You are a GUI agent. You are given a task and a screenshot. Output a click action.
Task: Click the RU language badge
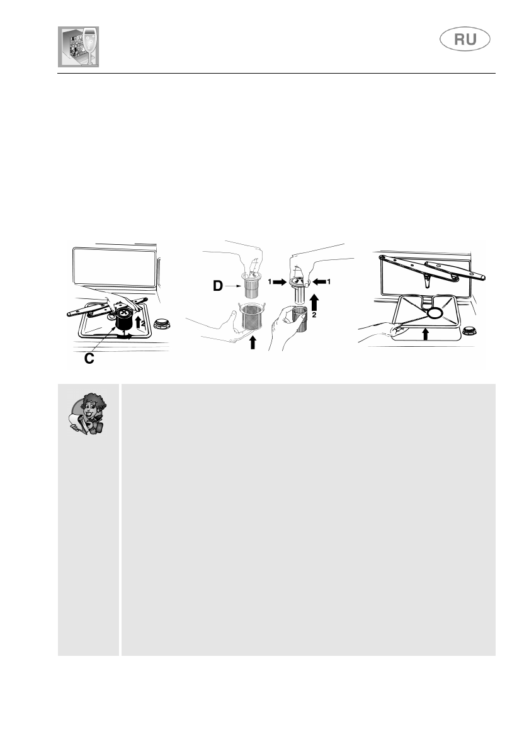[465, 40]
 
